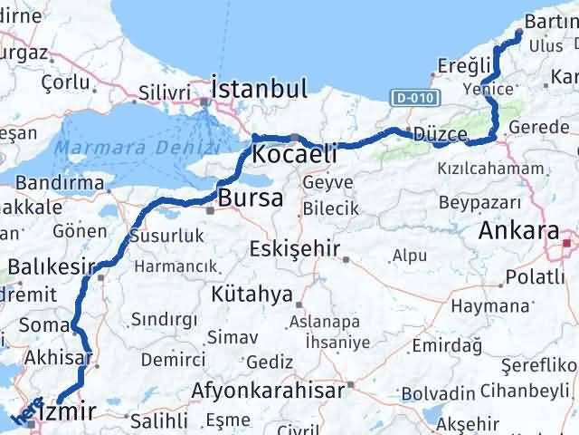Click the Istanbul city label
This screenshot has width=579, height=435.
[x=259, y=89]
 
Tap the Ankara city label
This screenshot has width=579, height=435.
[x=519, y=231]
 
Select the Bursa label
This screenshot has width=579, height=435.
[x=251, y=198]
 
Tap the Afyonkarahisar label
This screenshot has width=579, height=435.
[x=269, y=391]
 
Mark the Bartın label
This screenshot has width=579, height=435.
[x=548, y=23]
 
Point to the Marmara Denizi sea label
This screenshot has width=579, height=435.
[x=137, y=144]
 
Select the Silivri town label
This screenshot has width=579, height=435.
[x=165, y=92]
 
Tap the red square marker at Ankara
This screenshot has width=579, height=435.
[x=567, y=243]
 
